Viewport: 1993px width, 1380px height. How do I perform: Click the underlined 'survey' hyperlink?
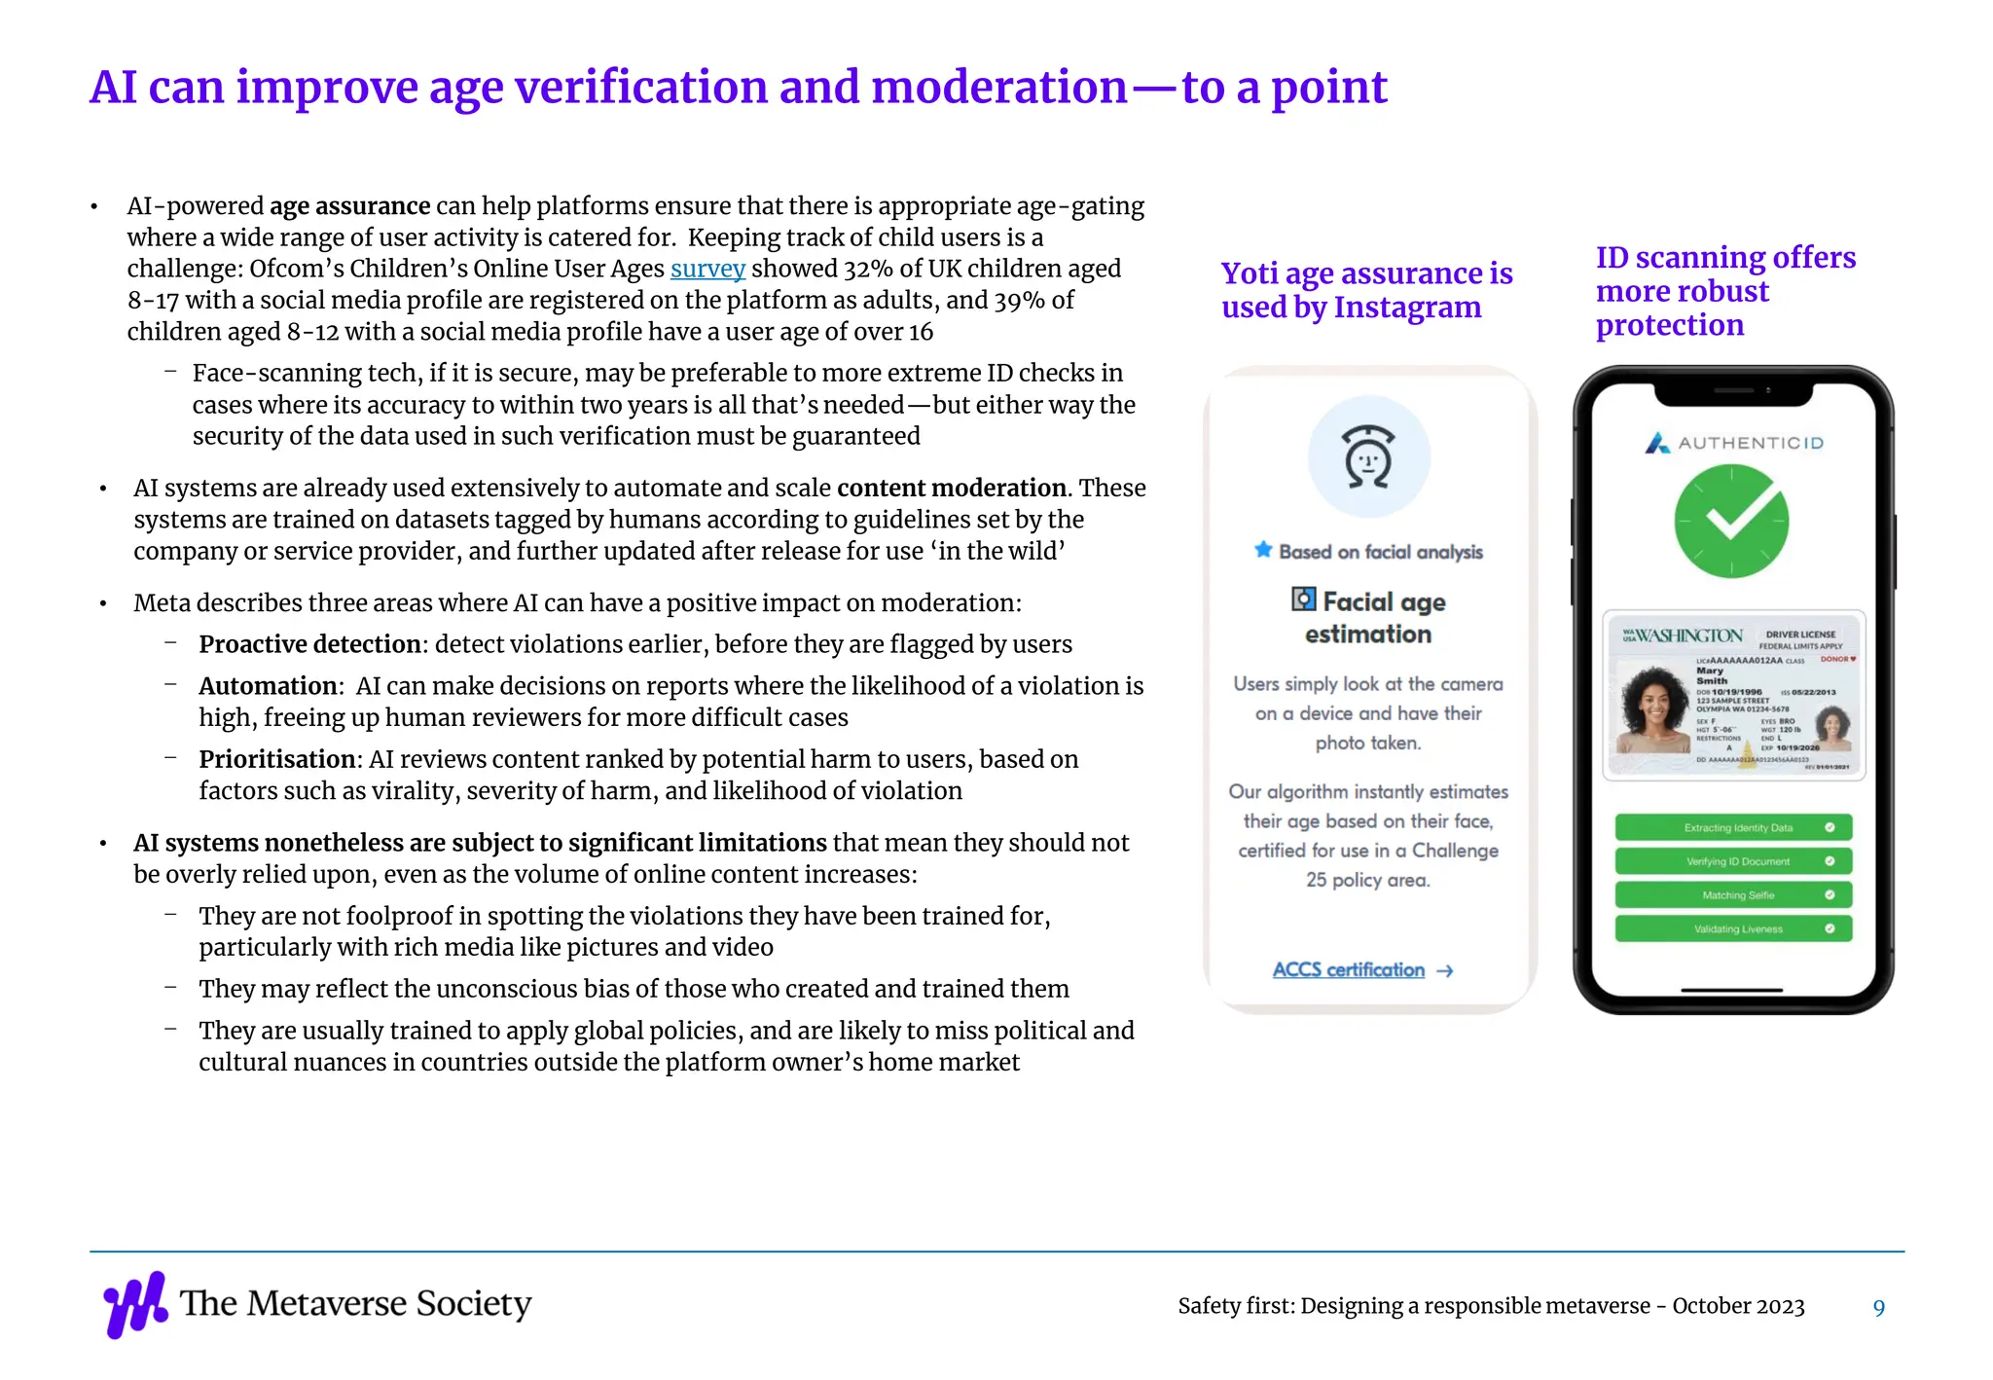tap(707, 269)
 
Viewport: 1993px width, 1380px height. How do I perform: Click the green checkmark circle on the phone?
tap(1731, 521)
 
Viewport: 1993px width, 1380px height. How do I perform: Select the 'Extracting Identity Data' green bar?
tap(1733, 828)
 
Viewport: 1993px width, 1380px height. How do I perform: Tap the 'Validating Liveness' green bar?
tap(1733, 929)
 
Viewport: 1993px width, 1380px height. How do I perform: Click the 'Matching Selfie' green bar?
tap(1733, 895)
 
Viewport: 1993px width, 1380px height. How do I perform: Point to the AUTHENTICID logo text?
tap(1750, 444)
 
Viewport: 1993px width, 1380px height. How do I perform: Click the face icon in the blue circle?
tap(1369, 456)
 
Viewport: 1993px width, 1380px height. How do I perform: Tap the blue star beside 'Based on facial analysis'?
tap(1263, 550)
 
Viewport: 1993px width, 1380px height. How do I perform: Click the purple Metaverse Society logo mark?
tap(135, 1304)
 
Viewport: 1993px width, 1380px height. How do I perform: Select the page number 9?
tap(1878, 1308)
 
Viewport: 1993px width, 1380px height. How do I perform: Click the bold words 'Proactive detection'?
tap(309, 644)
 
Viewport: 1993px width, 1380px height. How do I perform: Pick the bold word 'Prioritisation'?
tap(277, 759)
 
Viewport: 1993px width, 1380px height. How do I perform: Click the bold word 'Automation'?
tap(269, 686)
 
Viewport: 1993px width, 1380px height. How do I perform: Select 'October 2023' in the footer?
tap(1738, 1306)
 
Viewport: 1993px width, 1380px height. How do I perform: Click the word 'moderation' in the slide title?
tap(998, 88)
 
